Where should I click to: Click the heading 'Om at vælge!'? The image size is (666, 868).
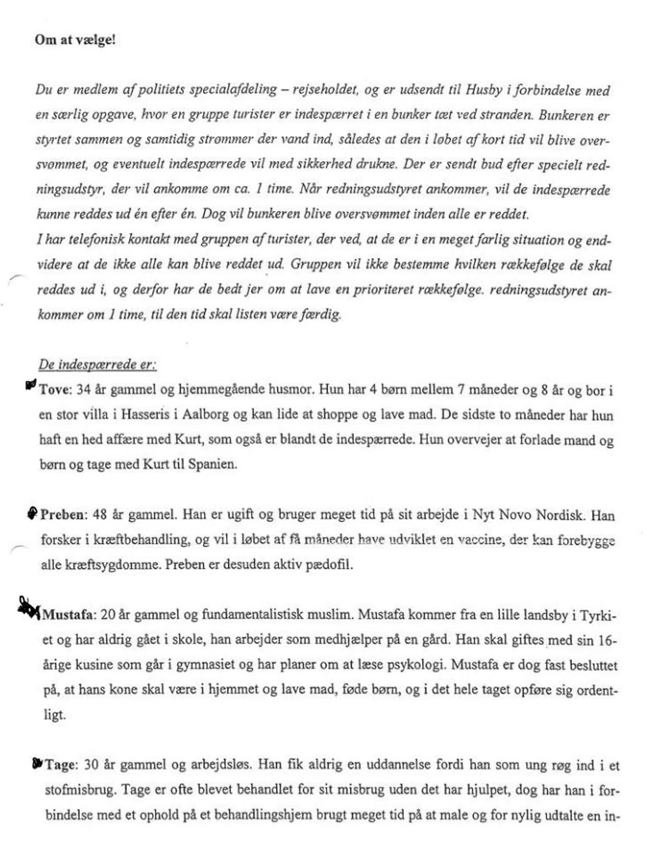coord(75,40)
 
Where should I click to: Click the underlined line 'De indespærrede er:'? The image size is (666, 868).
coord(97,364)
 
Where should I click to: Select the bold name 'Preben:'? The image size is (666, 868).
coord(64,515)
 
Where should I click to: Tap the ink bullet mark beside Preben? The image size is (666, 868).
coord(32,513)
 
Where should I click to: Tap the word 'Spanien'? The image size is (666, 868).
coord(212,464)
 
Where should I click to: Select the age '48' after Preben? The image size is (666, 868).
coord(100,515)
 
